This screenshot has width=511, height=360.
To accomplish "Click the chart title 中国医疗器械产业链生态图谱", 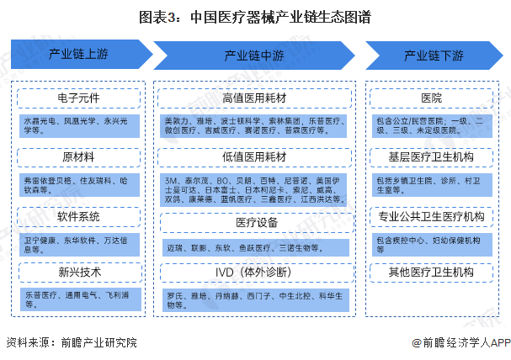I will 255,17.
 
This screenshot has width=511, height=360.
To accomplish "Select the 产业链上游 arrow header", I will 77,55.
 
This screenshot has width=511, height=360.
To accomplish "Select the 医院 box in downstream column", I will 430,98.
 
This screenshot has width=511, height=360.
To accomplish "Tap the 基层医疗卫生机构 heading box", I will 430,156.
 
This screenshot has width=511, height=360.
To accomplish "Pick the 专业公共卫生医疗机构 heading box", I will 430,215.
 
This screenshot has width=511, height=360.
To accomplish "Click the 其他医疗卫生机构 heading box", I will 430,273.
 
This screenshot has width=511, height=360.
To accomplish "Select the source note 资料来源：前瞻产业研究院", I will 70,342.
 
